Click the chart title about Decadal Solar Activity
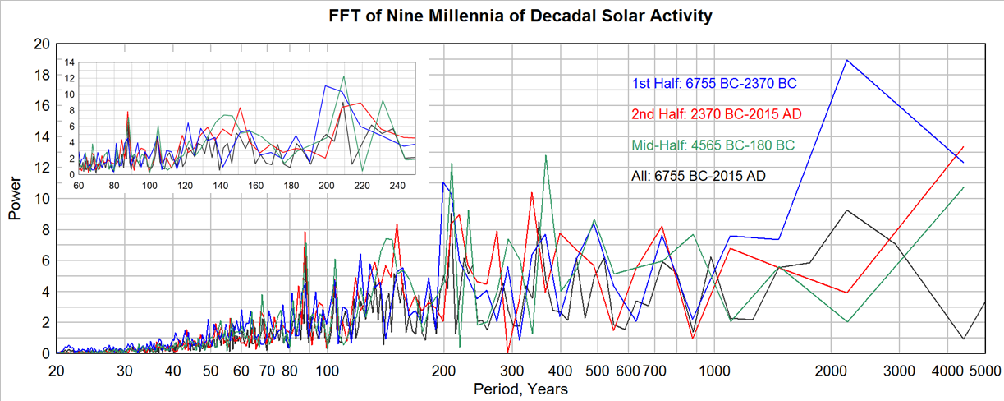point(502,16)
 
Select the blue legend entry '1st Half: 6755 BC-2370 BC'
point(714,83)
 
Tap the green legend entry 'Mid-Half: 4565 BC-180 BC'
point(713,145)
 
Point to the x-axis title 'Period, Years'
point(520,389)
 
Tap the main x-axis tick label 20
point(57,371)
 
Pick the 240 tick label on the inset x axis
point(397,186)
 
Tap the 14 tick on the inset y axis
point(70,62)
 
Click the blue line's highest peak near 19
point(846,60)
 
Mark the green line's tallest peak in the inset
point(343,76)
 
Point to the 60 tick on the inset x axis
point(79,186)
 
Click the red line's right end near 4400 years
point(963,147)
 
